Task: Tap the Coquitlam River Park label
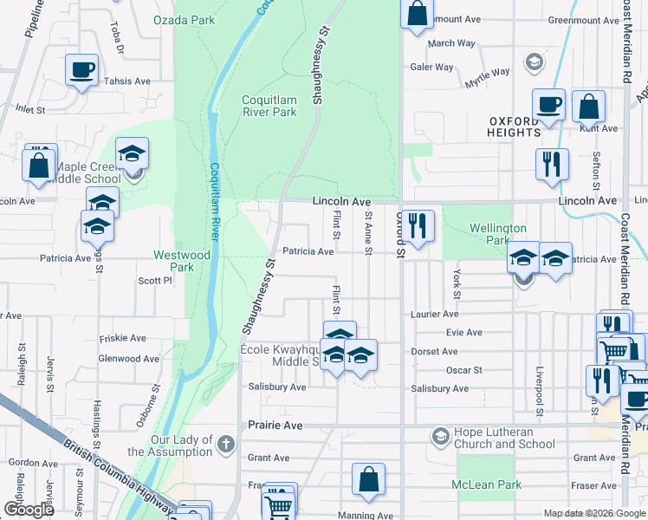[269, 106]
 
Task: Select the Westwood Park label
[181, 261]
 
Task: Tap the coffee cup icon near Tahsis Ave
[81, 69]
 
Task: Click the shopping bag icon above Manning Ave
[369, 478]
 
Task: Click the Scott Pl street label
[155, 281]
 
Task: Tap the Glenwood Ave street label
[123, 358]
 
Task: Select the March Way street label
[451, 43]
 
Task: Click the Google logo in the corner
[29, 510]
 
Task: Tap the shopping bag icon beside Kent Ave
[588, 107]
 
